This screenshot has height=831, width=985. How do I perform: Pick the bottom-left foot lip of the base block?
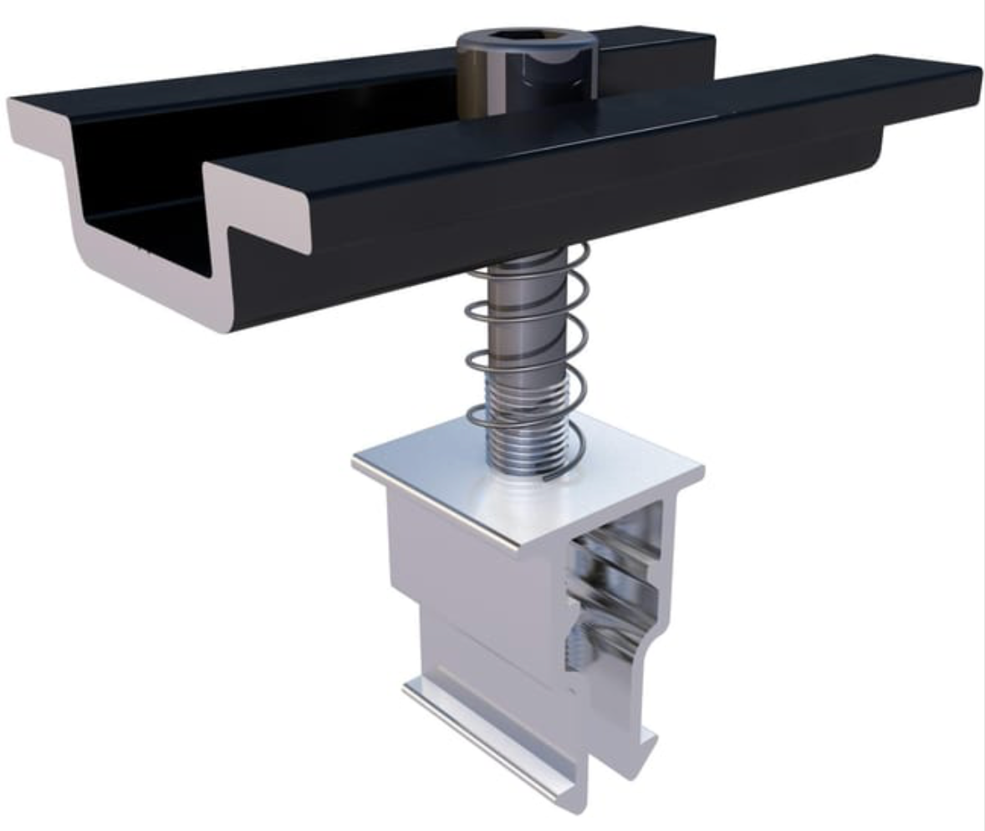(414, 690)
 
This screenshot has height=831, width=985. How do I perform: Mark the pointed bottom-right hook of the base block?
(648, 744)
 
